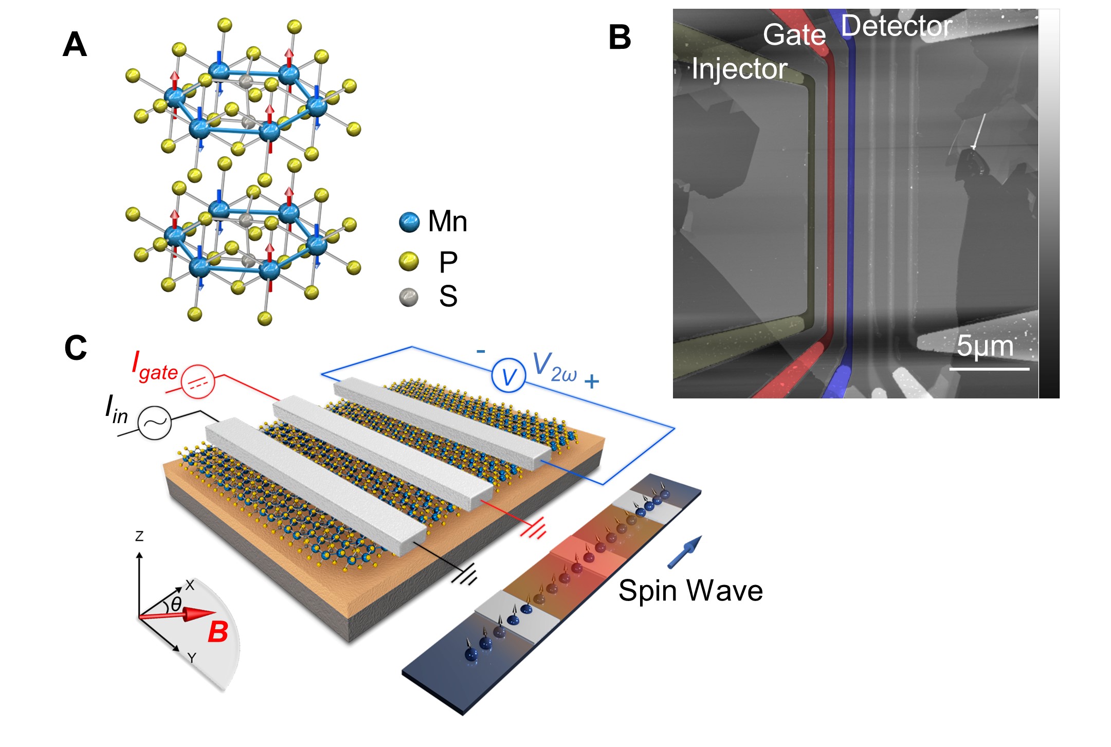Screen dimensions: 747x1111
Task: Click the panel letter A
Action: [x=75, y=45]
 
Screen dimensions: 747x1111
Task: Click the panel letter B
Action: [x=620, y=38]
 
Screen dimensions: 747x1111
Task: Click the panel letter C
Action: [x=76, y=348]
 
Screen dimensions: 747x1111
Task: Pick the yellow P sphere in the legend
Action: [x=409, y=262]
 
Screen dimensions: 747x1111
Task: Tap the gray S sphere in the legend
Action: [x=409, y=297]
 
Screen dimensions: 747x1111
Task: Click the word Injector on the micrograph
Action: [x=739, y=69]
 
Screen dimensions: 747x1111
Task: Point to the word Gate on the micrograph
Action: [x=794, y=35]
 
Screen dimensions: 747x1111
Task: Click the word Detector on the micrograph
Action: [x=897, y=26]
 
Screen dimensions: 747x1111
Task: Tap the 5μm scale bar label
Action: [x=985, y=346]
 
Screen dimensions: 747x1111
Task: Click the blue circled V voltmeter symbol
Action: [x=508, y=376]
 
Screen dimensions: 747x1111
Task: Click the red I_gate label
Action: [x=154, y=366]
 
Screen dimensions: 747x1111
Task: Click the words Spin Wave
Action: [x=690, y=590]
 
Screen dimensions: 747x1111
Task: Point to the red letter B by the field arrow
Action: [x=218, y=632]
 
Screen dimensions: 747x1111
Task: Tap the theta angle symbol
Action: [x=176, y=604]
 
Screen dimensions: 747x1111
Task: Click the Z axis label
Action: [x=139, y=536]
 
